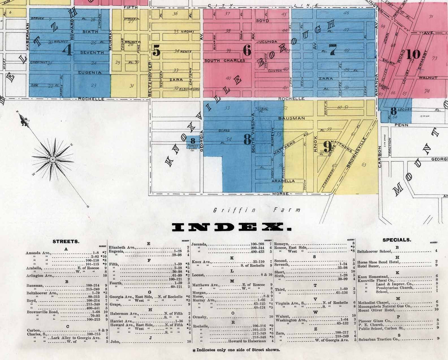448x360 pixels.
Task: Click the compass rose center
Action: coord(53,159)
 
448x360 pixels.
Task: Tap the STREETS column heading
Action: coord(66,241)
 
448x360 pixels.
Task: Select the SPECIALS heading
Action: coord(397,240)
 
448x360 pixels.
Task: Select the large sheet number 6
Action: coord(247,50)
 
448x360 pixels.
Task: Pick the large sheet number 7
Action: coord(333,50)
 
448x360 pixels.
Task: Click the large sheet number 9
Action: coord(328,147)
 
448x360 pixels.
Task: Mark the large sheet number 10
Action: coord(413,54)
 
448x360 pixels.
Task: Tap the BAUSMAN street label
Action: coord(291,118)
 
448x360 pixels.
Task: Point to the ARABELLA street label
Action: coord(283,181)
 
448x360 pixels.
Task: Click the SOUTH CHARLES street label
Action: coord(225,61)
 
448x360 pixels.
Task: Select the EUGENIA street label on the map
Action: coord(90,73)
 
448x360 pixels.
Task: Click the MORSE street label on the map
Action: coord(280,194)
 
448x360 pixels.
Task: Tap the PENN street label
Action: coord(401,125)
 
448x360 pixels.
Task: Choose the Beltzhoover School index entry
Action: coord(374,251)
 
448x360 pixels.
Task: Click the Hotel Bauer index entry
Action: coord(368,266)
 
